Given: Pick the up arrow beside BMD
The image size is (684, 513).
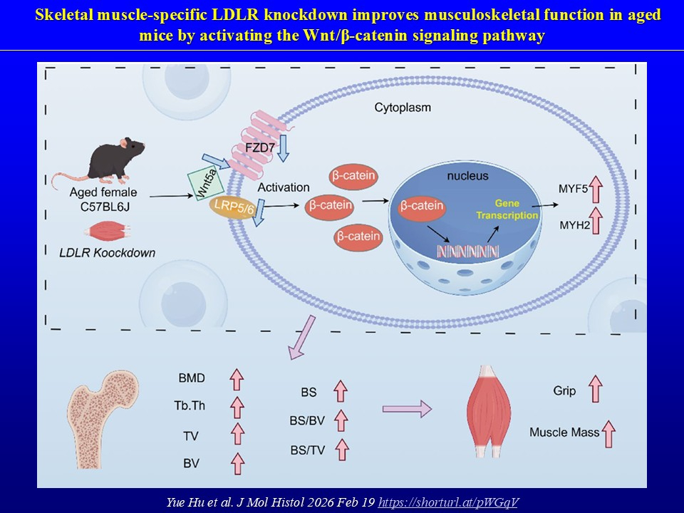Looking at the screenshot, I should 237,378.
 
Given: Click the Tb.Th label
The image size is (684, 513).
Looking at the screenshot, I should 189,406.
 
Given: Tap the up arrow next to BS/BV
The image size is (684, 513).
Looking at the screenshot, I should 341,420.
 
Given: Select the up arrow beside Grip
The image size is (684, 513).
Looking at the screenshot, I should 594,390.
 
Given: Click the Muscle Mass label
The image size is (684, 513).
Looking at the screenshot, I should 562,432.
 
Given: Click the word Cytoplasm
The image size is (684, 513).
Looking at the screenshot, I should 403,108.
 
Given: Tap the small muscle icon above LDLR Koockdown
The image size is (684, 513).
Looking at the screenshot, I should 108,233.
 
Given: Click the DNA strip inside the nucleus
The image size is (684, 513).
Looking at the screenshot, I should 467,250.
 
